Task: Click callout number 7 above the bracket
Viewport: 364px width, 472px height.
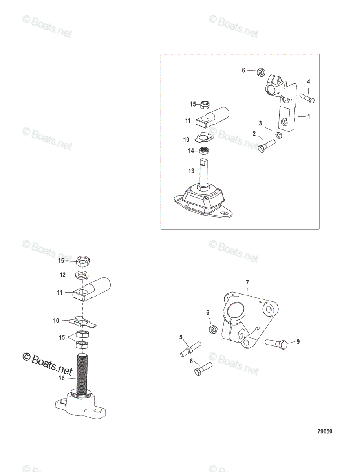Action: point(247,282)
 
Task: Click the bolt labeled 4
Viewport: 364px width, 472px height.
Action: point(307,98)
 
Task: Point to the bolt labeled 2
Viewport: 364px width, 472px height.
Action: point(267,146)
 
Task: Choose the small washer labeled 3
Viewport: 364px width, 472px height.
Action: point(278,135)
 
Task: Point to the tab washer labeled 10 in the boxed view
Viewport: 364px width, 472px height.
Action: point(203,138)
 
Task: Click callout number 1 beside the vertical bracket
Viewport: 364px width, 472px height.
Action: point(309,116)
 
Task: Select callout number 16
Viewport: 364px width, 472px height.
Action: point(62,378)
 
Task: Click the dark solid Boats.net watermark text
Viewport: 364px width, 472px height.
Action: point(47,364)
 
